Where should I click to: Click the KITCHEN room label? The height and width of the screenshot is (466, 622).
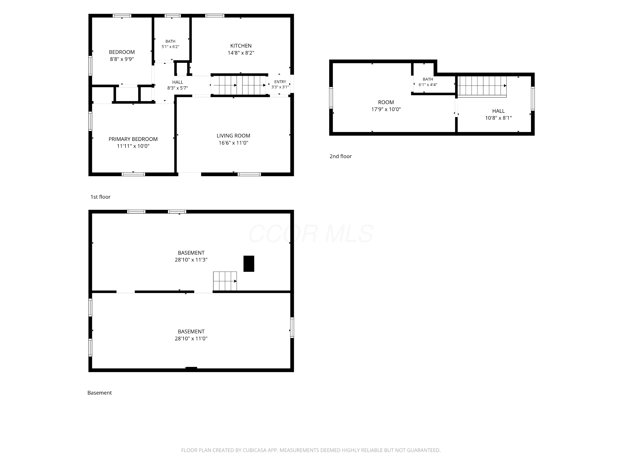(x=241, y=46)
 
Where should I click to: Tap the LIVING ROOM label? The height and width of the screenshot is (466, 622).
(x=233, y=136)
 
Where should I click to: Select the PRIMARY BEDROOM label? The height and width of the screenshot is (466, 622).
(x=133, y=139)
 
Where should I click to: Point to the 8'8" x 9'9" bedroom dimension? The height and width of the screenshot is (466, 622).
(x=122, y=59)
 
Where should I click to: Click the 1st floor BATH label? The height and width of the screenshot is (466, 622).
(x=170, y=41)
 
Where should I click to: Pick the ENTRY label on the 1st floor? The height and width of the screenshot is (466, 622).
(x=280, y=82)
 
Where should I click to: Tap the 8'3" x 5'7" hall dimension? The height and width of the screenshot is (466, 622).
(x=177, y=88)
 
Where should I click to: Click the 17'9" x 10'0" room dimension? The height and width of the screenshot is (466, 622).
(x=386, y=109)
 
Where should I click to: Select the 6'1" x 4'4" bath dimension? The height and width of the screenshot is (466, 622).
(x=428, y=85)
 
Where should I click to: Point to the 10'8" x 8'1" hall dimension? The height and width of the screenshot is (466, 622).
(x=498, y=118)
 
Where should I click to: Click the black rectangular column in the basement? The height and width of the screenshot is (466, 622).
(x=249, y=264)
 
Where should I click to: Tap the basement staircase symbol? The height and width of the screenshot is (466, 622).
(x=225, y=281)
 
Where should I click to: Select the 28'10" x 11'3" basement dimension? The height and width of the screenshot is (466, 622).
(x=191, y=260)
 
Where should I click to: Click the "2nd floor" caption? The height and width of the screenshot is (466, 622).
(x=340, y=156)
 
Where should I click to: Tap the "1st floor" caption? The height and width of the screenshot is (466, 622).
(x=100, y=197)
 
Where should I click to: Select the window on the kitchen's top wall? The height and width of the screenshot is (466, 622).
(x=215, y=16)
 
